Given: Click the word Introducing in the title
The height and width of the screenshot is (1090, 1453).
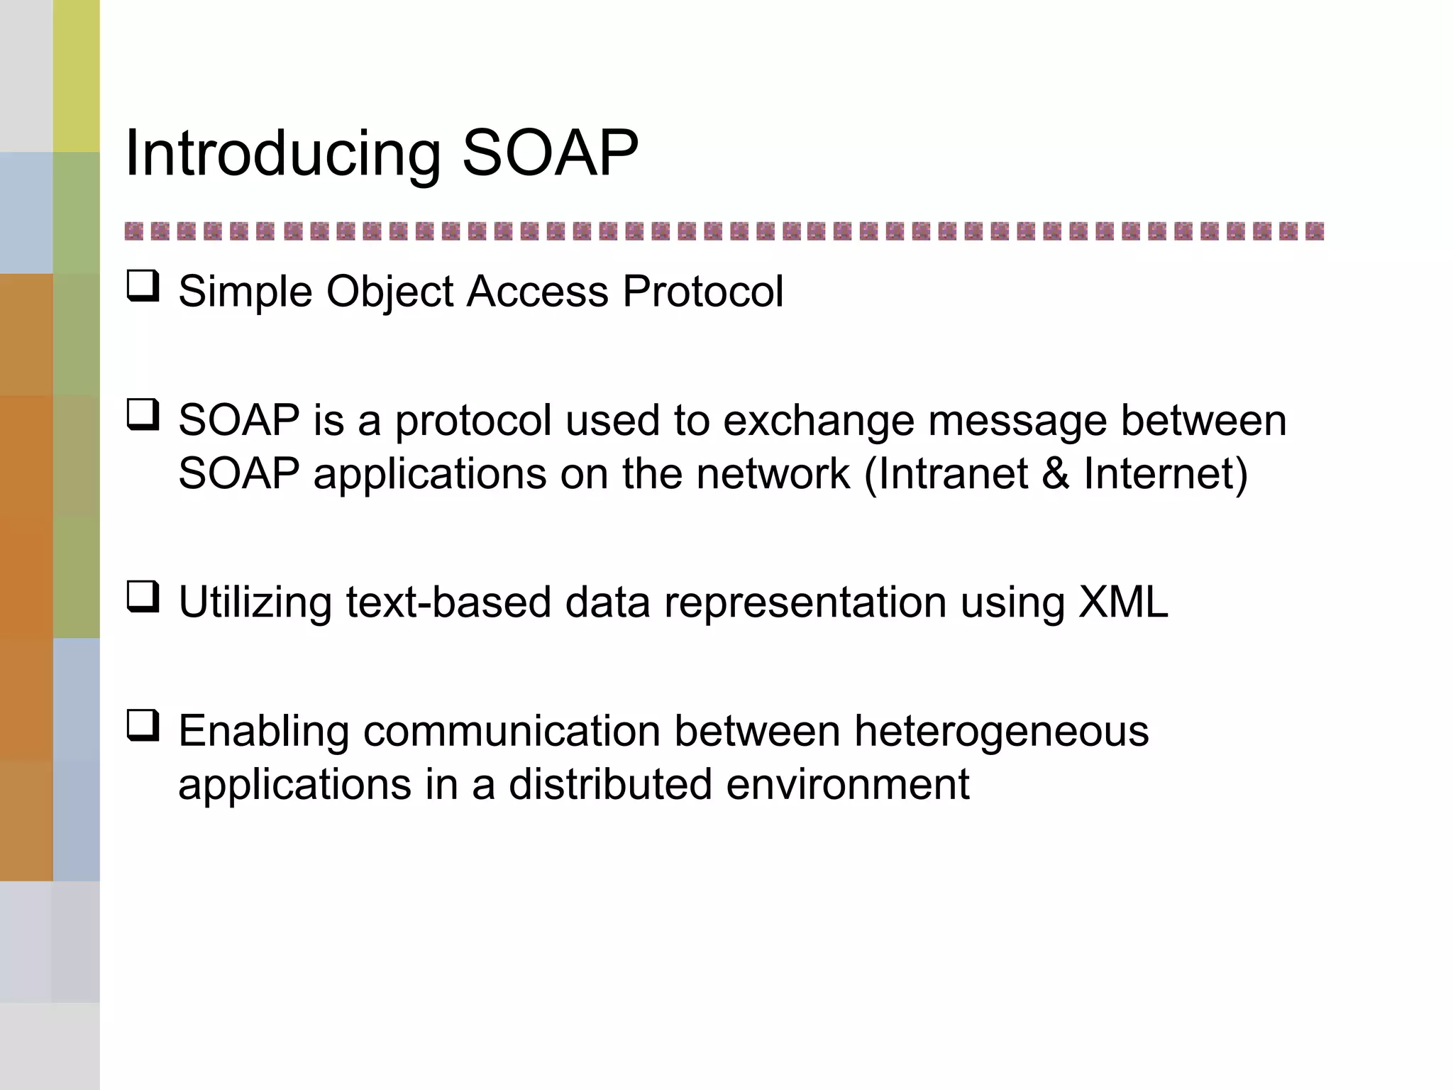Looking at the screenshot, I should coord(282,154).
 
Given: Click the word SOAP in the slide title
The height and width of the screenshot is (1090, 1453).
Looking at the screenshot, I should coord(550,154).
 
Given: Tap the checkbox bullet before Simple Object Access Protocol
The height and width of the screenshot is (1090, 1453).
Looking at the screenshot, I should coord(143,287).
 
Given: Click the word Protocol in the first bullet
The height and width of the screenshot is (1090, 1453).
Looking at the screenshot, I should coord(702,291).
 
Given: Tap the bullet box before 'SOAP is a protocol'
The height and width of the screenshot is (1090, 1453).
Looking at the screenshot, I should coord(143,415).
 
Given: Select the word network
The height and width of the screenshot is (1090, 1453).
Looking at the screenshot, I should coord(773,474).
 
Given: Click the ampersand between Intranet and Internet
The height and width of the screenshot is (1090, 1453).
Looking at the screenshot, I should coord(1055,474).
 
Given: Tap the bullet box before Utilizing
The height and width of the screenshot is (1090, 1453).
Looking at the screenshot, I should coord(143,597).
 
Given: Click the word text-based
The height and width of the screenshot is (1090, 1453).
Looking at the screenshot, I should coord(448,603).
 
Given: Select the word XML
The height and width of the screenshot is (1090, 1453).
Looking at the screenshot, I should coord(1122,602).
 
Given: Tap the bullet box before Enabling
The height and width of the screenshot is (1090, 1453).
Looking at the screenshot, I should coord(143,726).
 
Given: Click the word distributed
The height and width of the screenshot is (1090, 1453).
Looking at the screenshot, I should coord(610,785).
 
